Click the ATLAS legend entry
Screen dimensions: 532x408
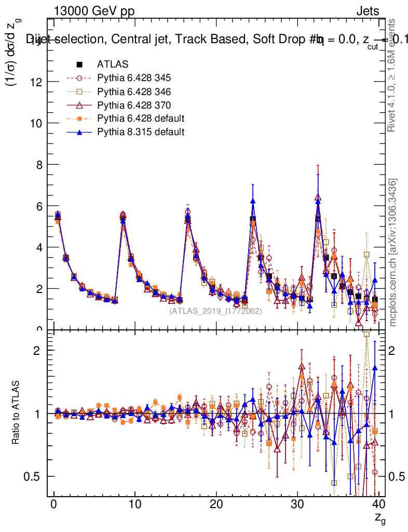tap(113, 64)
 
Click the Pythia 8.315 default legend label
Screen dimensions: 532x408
tap(141, 132)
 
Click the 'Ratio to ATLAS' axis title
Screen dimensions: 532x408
tap(17, 414)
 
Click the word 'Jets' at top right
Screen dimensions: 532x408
tap(367, 11)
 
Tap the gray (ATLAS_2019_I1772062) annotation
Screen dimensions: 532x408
tap(215, 311)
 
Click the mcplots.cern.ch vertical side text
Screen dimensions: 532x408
tap(393, 252)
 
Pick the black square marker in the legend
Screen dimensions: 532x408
tap(79, 64)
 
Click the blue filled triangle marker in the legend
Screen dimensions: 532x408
tap(79, 132)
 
